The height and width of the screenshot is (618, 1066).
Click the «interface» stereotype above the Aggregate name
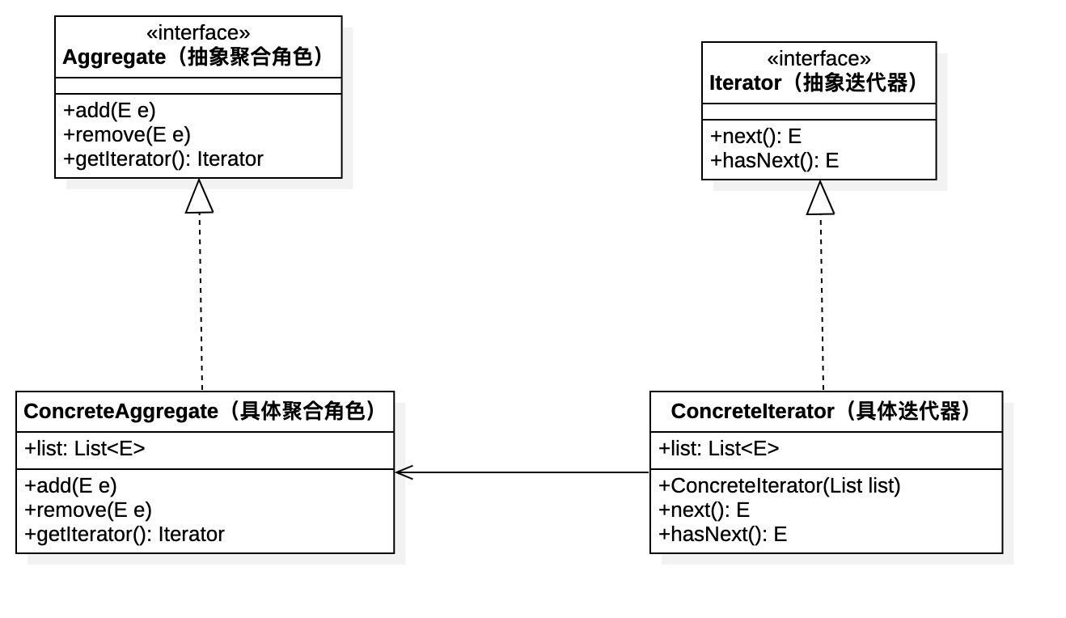(x=197, y=33)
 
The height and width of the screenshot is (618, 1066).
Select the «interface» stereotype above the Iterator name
(x=819, y=59)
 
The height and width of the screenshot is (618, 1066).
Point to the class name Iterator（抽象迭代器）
(x=817, y=83)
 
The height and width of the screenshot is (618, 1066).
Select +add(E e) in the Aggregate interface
(x=109, y=110)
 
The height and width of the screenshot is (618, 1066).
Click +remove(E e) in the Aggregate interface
(x=127, y=134)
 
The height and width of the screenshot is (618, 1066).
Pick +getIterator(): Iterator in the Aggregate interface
(x=163, y=159)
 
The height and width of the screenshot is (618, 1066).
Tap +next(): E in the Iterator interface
(x=755, y=136)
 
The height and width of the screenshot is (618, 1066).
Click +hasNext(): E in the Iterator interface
(x=774, y=160)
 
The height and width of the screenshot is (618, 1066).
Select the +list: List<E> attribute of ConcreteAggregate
(x=85, y=448)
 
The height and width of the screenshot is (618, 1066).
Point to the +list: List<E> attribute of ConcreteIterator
(x=719, y=448)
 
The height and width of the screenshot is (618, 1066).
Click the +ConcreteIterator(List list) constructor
(x=780, y=485)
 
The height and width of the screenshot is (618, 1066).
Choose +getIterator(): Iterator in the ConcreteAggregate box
(x=125, y=534)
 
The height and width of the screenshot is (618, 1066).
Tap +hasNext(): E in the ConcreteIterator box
(x=722, y=534)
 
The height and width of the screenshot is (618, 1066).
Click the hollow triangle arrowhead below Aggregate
(x=199, y=197)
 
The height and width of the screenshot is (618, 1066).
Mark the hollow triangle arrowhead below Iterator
(x=820, y=199)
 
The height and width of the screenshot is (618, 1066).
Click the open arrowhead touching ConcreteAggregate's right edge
(x=404, y=472)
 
